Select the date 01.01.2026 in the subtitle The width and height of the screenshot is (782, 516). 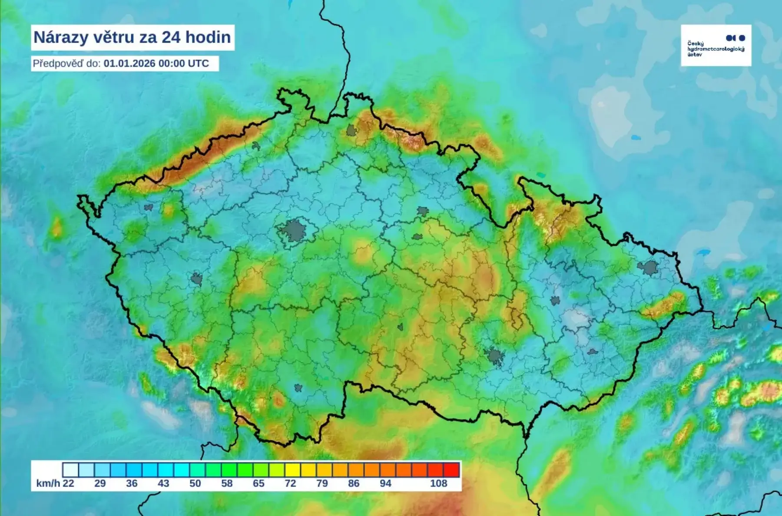click(x=129, y=63)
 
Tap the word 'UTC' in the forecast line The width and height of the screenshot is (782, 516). click(x=198, y=63)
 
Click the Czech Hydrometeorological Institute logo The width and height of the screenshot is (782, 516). click(x=716, y=45)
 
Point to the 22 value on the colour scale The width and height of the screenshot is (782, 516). click(x=68, y=483)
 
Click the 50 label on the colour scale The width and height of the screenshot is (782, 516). click(x=195, y=483)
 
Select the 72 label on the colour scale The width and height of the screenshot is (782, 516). click(x=290, y=483)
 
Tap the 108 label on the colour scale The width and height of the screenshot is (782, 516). click(x=438, y=483)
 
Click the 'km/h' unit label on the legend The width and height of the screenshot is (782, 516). click(x=48, y=483)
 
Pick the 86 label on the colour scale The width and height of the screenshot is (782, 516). click(x=354, y=483)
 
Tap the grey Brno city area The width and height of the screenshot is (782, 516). click(x=495, y=357)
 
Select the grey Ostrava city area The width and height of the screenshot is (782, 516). click(x=648, y=268)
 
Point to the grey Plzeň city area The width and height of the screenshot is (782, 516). click(x=196, y=279)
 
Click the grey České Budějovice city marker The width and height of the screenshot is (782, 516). click(x=298, y=388)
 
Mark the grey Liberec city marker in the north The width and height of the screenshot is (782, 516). click(x=351, y=130)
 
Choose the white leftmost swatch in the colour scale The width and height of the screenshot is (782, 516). click(x=70, y=470)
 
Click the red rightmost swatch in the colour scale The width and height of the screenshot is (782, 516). click(x=451, y=470)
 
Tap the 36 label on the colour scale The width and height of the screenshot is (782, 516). click(x=132, y=483)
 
